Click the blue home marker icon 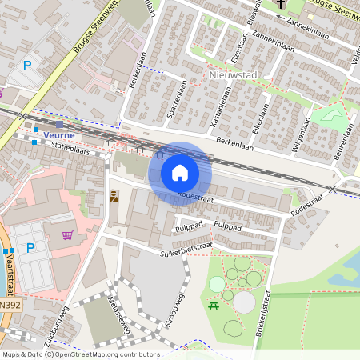click(180, 173)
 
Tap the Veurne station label click(59, 135)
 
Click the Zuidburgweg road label click(58, 326)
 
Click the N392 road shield click(10, 305)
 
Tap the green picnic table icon click(213, 306)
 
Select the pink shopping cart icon click(67, 235)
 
